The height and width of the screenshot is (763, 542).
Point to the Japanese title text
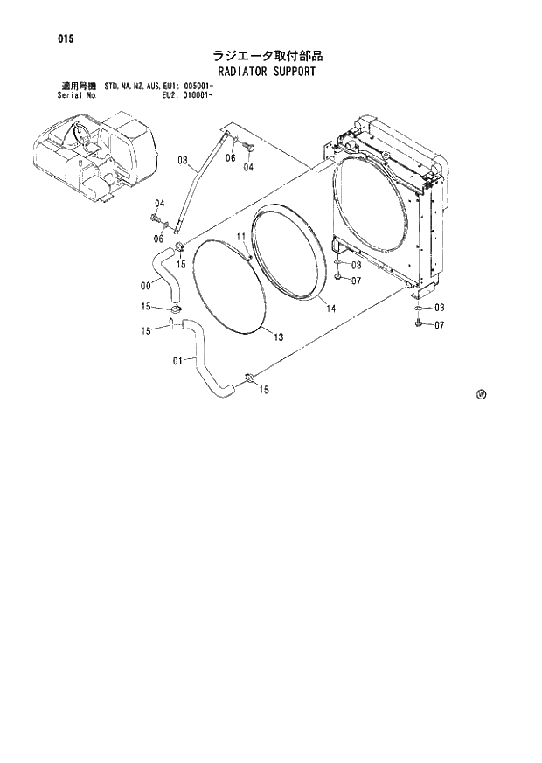click(x=268, y=56)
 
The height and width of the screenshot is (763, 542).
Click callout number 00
click(x=145, y=283)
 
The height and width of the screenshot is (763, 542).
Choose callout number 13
click(x=278, y=336)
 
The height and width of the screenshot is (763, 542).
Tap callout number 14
click(x=330, y=309)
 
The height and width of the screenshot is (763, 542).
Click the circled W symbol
click(x=481, y=394)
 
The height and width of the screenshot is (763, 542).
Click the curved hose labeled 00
click(x=163, y=271)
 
